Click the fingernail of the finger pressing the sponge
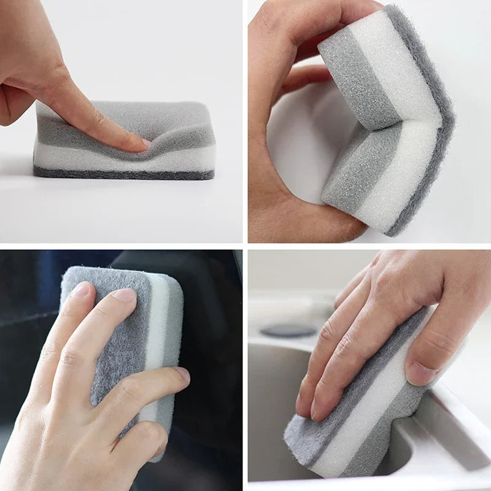click(145, 143)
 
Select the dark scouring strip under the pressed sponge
click(123, 174)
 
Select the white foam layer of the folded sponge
click(393, 68)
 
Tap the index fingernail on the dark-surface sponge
click(81, 289)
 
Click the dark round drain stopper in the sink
click(288, 330)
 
